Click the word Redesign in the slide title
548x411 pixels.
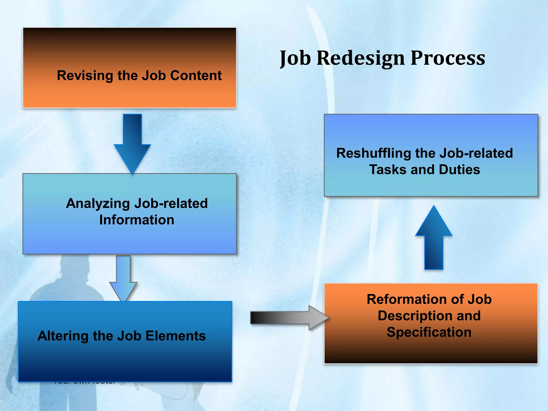coord(360,58)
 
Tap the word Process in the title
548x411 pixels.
coord(448,58)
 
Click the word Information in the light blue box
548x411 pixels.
coord(137,220)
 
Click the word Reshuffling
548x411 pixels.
coord(374,153)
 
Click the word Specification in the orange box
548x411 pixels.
coord(429,332)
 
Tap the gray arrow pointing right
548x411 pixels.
coord(289,318)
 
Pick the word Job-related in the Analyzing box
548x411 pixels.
coord(171,203)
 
